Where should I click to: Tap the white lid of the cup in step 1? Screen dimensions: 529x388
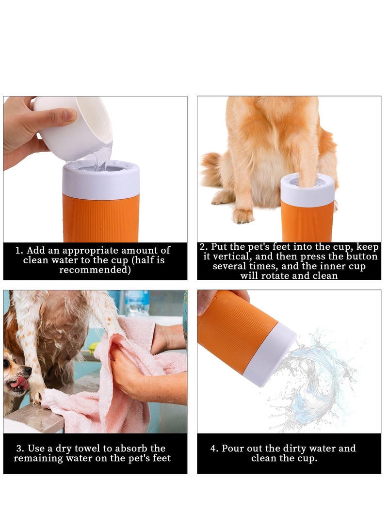click(101, 179)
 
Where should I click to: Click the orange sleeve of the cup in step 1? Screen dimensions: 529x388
click(101, 218)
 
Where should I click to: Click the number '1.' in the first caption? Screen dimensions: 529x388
click(19, 251)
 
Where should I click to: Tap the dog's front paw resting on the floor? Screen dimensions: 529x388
click(242, 215)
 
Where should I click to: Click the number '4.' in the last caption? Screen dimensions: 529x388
click(214, 449)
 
